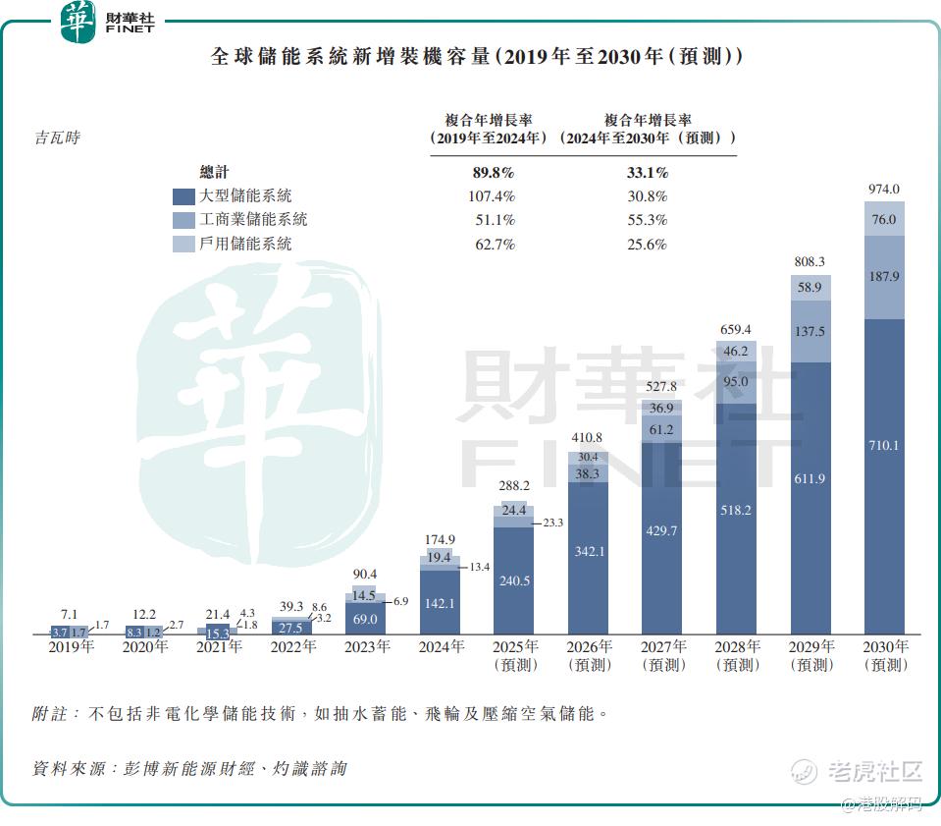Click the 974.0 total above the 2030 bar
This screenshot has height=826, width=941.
tap(884, 190)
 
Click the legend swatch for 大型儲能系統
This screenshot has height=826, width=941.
tap(183, 196)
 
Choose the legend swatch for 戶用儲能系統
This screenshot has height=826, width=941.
tap(183, 244)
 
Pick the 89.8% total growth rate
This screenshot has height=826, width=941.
tap(494, 173)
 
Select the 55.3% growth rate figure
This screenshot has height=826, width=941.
tap(647, 220)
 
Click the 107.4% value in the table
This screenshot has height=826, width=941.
tap(494, 196)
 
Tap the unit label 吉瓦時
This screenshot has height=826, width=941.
tap(58, 138)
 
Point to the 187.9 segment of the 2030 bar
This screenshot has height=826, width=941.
tap(884, 277)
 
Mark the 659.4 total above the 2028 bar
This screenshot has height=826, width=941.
tap(736, 329)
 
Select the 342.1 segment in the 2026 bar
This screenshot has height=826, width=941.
tap(589, 552)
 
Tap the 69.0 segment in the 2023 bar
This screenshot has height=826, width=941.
tap(365, 619)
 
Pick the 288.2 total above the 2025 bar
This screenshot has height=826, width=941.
tap(514, 485)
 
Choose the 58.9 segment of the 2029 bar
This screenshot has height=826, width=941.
tap(810, 288)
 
